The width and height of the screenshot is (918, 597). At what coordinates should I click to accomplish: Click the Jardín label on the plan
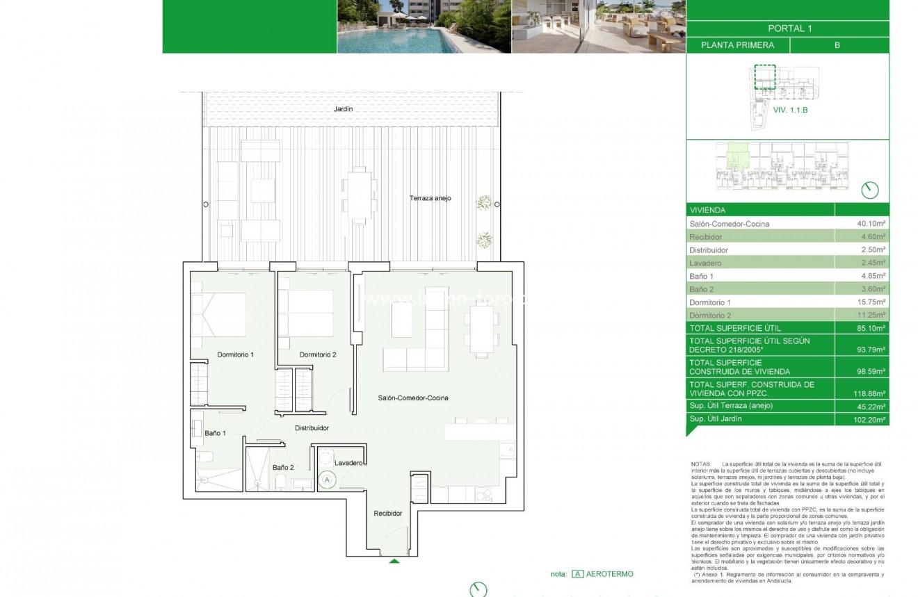click(343, 109)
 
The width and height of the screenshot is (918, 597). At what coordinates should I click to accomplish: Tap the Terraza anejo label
click(430, 198)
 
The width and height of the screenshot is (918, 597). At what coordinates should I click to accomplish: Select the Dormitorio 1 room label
click(235, 354)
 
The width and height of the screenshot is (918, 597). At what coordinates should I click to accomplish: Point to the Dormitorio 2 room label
click(318, 354)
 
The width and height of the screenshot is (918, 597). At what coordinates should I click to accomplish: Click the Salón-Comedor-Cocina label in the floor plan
click(412, 398)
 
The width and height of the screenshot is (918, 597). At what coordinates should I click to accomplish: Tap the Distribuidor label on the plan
click(312, 428)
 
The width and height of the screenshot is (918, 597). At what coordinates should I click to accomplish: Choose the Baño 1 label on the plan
click(215, 433)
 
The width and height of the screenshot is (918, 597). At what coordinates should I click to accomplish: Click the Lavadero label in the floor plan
click(348, 463)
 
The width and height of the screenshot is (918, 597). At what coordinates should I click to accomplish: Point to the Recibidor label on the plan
click(387, 513)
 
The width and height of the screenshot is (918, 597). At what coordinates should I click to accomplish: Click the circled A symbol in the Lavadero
click(327, 479)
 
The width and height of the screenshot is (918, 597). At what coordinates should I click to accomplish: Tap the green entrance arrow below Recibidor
click(394, 561)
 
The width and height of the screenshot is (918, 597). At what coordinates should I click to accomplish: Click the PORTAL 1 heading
click(789, 28)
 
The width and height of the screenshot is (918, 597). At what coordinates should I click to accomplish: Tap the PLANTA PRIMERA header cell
click(737, 45)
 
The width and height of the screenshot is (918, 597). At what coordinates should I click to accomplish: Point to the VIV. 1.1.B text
click(790, 110)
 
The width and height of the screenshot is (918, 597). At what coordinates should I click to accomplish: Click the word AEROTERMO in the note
click(611, 574)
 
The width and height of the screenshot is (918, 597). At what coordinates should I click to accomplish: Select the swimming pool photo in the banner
click(424, 26)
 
